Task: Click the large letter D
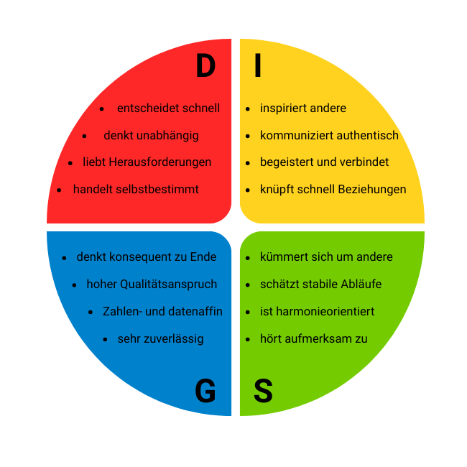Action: tap(205, 66)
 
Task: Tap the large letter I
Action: tap(257, 66)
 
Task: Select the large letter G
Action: tap(205, 392)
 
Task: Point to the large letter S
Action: tap(263, 392)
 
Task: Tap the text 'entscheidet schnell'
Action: tap(168, 108)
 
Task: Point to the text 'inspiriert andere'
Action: tap(303, 108)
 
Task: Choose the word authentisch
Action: tap(366, 136)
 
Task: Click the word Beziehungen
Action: tap(372, 190)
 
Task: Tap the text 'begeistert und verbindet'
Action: tap(325, 162)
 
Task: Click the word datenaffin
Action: tap(195, 312)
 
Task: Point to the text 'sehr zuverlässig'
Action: tap(160, 339)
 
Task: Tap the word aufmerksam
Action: tap(321, 339)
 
